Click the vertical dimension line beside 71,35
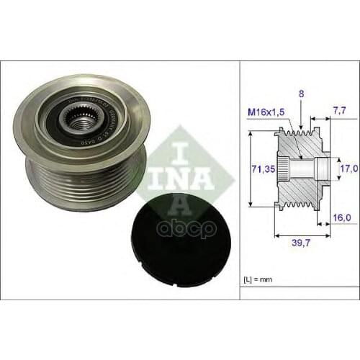[249, 168]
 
